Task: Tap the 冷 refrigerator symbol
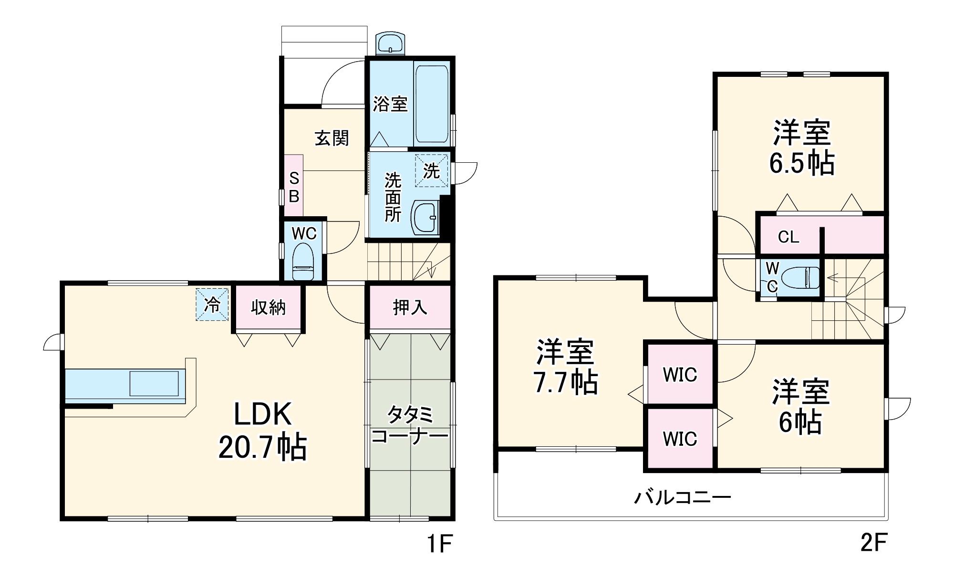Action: (x=212, y=304)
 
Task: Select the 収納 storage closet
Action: (x=268, y=307)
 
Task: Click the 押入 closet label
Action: (x=410, y=307)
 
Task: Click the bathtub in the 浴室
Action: (x=431, y=104)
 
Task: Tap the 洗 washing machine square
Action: (x=431, y=170)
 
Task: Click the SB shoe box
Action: (x=294, y=187)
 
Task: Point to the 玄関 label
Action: (x=332, y=138)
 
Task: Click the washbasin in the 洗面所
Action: (x=425, y=217)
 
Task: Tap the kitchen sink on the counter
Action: (x=154, y=383)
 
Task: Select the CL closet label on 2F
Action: (x=788, y=237)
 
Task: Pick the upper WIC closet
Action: (x=680, y=375)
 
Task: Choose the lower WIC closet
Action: (x=680, y=439)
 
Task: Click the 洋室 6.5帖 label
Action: (x=801, y=148)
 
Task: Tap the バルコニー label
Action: (x=682, y=498)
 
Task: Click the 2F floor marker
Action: (x=873, y=543)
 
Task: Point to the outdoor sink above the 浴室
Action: (x=390, y=43)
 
